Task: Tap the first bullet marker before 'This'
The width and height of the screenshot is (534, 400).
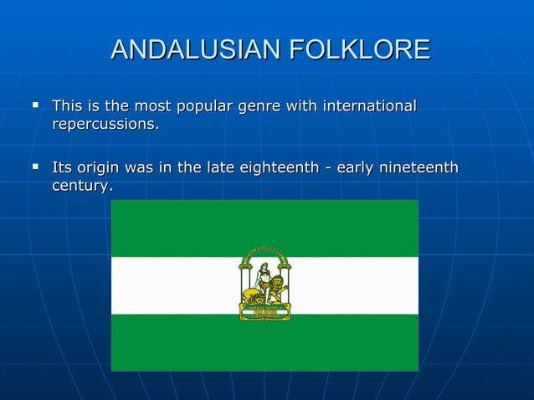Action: click(35, 106)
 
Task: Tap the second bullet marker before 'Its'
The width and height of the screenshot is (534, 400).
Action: click(35, 167)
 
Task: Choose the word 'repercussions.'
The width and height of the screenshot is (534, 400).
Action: click(105, 125)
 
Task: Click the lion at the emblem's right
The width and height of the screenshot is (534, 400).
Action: click(275, 292)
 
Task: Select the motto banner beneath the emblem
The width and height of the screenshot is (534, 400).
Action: click(264, 312)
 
